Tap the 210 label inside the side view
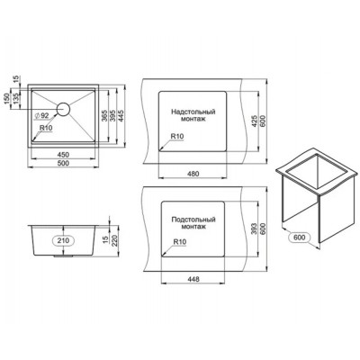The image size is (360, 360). (63, 241)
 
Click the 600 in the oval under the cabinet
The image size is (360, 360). (300, 238)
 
